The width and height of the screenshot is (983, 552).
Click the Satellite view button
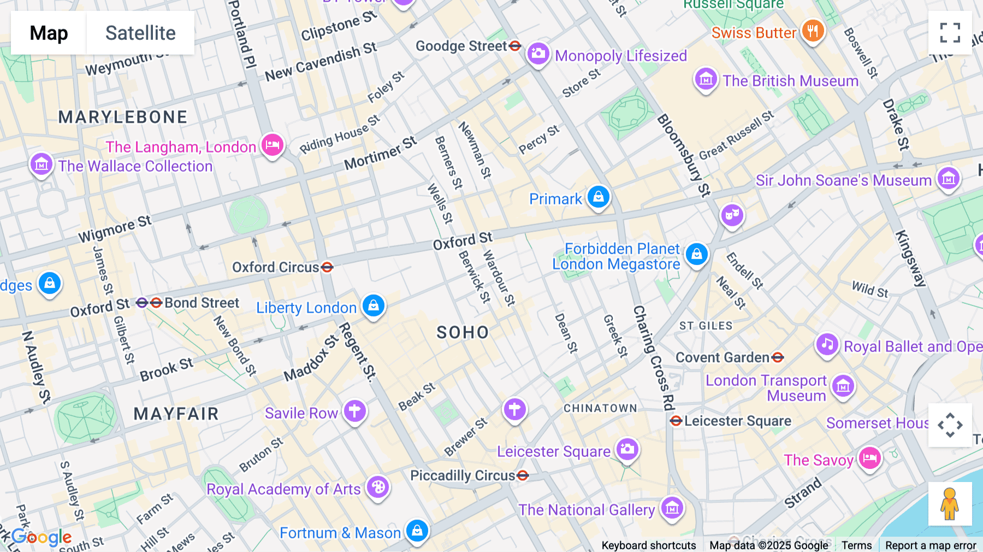point(140,33)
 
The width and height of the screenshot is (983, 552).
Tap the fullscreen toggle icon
point(950,33)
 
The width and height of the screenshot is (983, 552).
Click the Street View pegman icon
point(950,503)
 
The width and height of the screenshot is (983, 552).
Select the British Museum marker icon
point(706,80)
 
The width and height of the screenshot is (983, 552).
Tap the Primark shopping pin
point(599,197)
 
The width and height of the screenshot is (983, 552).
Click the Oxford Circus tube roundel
point(327,267)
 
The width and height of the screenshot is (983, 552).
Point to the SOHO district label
point(463,332)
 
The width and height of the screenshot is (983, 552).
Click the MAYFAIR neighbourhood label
point(176,414)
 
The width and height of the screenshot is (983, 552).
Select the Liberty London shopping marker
point(374,306)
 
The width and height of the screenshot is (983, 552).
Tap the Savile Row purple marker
point(355,410)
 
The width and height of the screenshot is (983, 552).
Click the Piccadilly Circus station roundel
point(523,475)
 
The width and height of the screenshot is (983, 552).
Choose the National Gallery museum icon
point(672,508)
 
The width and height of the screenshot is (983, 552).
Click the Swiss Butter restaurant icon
point(813,31)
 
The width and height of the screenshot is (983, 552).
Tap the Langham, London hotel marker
point(273,145)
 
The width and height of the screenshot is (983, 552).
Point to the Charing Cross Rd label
point(654,358)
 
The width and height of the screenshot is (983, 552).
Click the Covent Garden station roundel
point(778,357)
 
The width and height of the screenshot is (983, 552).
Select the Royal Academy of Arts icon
point(378,487)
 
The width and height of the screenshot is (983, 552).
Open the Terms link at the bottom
point(856,545)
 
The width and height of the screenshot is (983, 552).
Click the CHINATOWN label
point(600,408)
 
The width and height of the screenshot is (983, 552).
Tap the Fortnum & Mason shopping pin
point(417,531)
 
